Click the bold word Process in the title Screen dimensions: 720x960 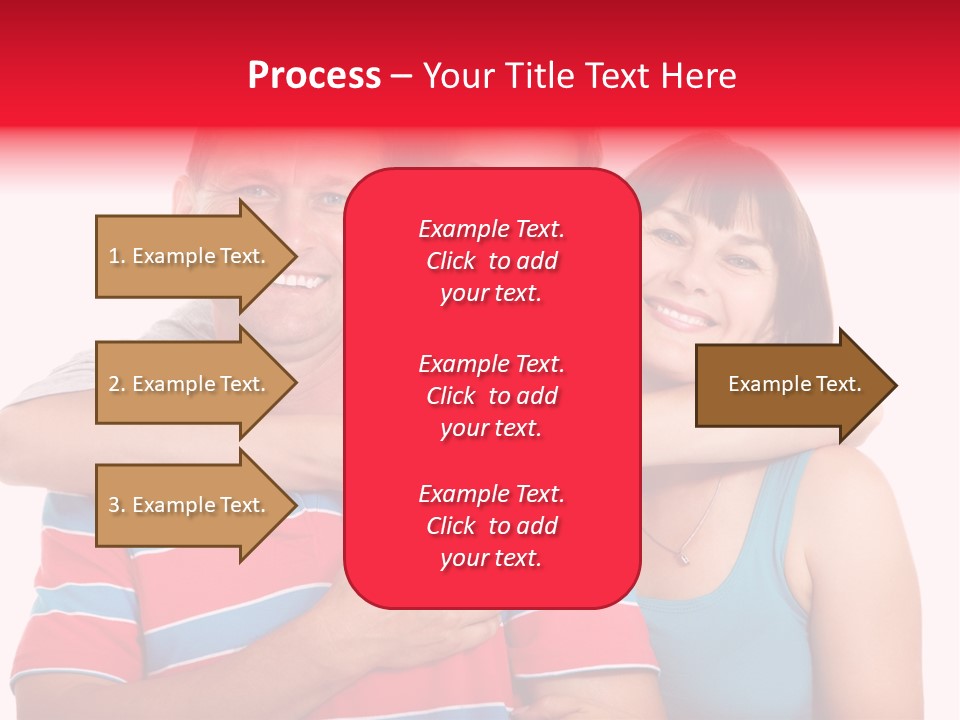pos(314,75)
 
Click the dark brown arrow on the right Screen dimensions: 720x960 pos(790,384)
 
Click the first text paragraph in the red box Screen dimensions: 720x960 pos(491,261)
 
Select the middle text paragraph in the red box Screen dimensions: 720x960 pos(491,395)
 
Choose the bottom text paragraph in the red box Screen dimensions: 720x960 pos(491,526)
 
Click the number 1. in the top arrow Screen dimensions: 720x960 pos(117,256)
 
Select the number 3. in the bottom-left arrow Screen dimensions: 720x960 pos(117,505)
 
